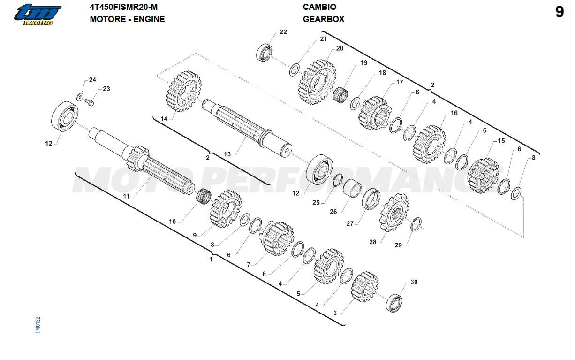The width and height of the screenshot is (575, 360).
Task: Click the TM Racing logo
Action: click(x=38, y=15)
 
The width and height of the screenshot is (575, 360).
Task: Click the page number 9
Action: click(x=560, y=12)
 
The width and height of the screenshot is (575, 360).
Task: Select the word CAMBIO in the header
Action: click(x=319, y=7)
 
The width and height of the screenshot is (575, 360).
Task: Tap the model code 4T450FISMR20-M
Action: click(x=123, y=7)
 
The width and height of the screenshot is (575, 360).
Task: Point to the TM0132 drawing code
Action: click(x=38, y=325)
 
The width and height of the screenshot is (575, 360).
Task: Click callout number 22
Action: click(x=283, y=32)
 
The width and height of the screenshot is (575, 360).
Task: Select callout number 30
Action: click(x=414, y=282)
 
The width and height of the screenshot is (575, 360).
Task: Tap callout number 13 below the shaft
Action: click(x=227, y=154)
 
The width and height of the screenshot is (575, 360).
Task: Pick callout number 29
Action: click(x=398, y=245)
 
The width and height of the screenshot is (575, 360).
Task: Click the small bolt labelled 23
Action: click(x=90, y=102)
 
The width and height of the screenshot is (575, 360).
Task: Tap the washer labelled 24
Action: click(x=80, y=97)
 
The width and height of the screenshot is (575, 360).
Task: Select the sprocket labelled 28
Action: click(x=394, y=213)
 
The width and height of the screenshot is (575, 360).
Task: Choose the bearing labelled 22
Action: click(x=265, y=53)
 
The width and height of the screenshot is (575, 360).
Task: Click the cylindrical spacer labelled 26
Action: click(x=352, y=188)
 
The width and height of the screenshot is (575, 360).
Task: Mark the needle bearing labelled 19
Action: click(x=340, y=94)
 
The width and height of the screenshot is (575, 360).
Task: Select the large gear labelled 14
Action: click(x=183, y=92)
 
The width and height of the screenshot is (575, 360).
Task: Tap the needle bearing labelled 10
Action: click(x=204, y=195)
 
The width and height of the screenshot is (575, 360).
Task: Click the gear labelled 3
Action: click(x=364, y=286)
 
